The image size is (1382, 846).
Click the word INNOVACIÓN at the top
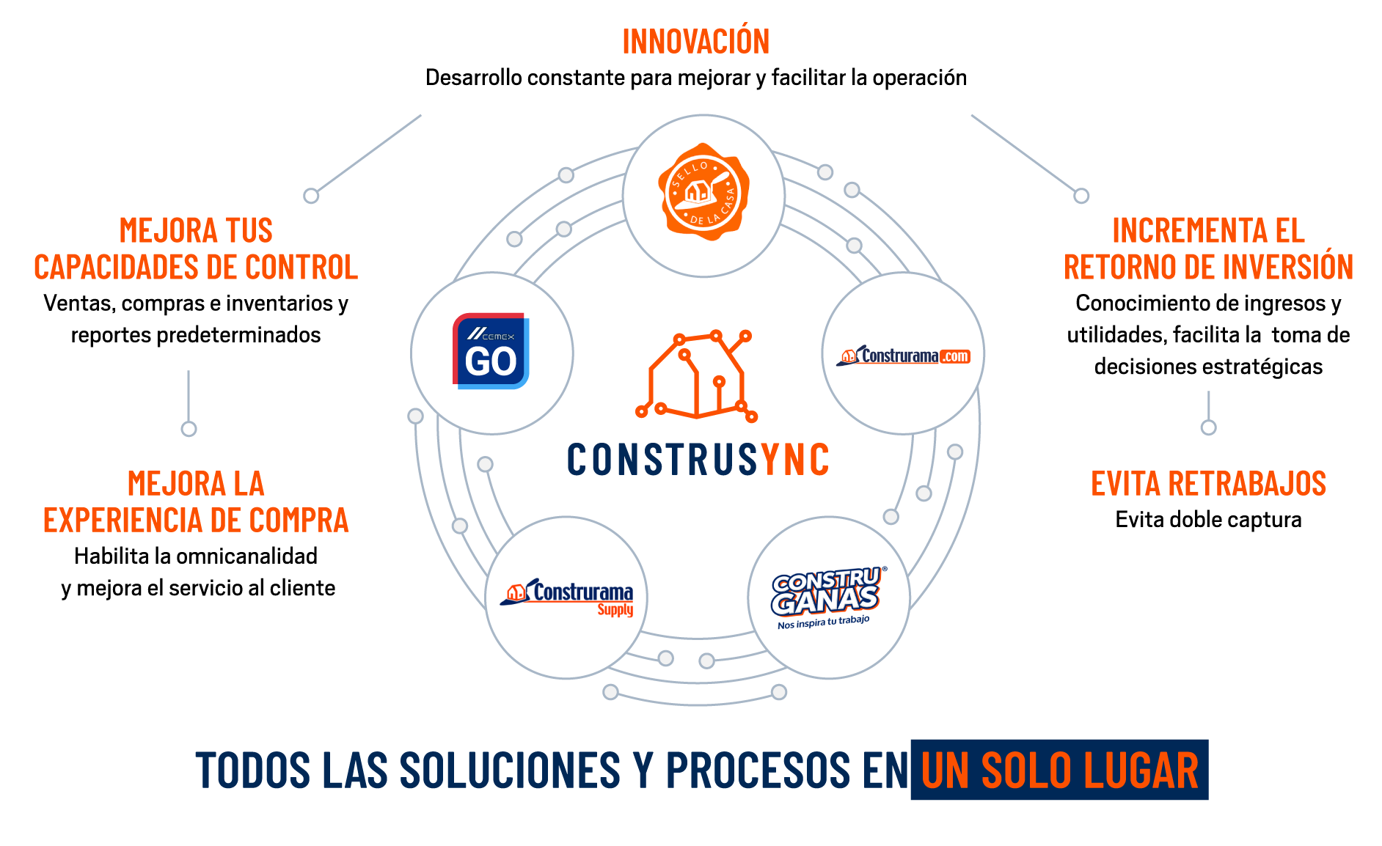tap(695, 42)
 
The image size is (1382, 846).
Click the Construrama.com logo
tap(903, 356)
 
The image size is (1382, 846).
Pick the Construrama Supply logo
tap(567, 597)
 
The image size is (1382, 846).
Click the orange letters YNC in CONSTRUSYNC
tap(795, 460)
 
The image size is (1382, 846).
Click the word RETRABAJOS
tap(1247, 484)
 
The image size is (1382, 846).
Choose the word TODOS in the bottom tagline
tap(253, 770)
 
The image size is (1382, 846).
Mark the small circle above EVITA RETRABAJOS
tap(1208, 427)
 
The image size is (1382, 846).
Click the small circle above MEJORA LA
tap(189, 429)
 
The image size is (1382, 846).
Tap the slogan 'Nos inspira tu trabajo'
tap(823, 622)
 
